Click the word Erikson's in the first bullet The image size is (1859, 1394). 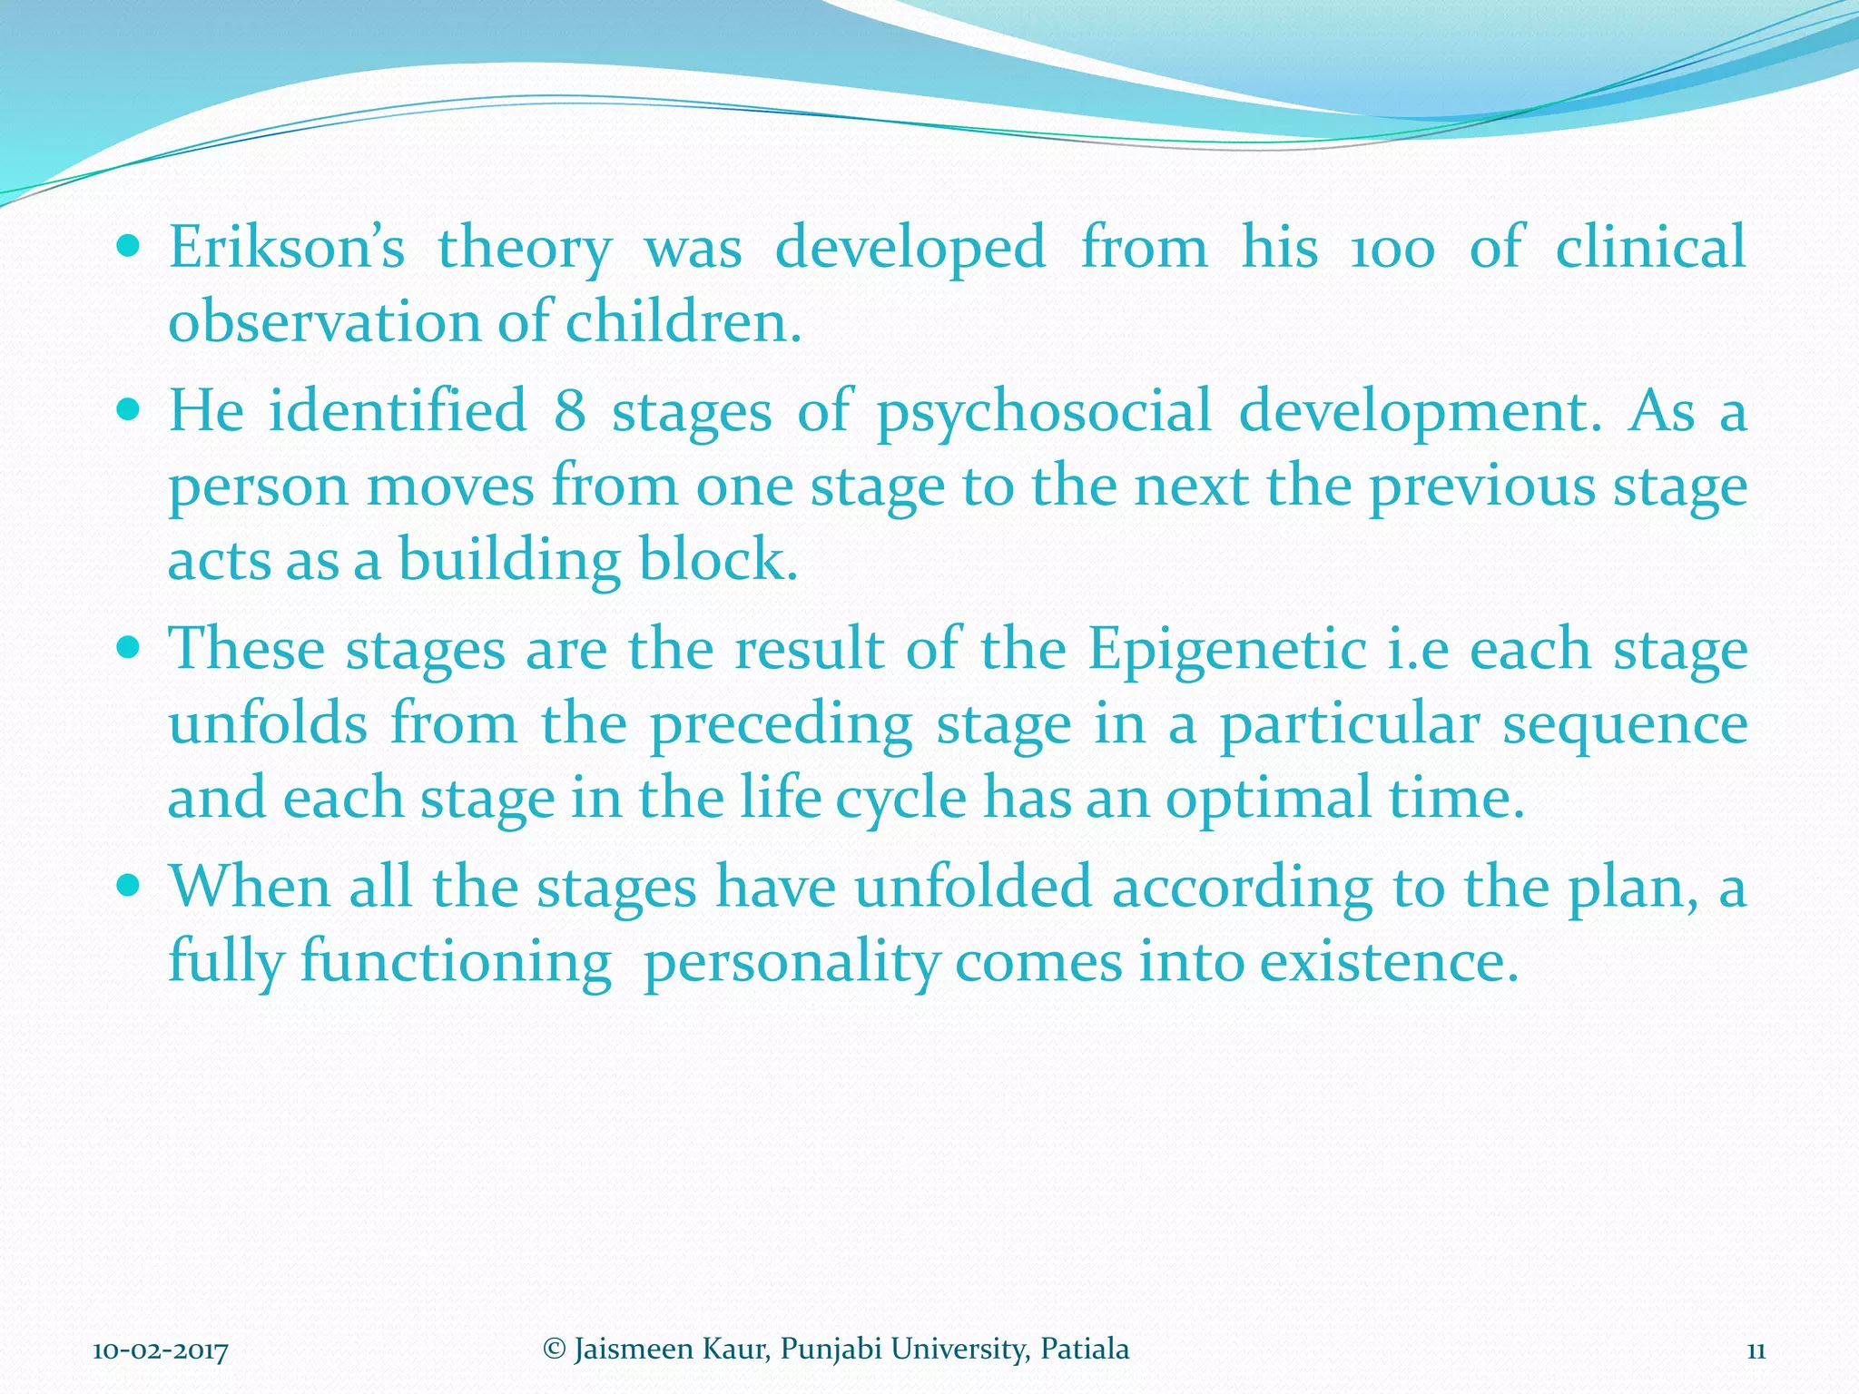pyautogui.click(x=286, y=248)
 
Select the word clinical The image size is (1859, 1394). pyautogui.click(x=1650, y=248)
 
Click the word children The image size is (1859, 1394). pyautogui.click(x=683, y=322)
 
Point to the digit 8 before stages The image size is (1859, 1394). pyautogui.click(x=569, y=410)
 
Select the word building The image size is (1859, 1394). pyautogui.click(x=509, y=560)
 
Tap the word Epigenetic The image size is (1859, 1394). pyautogui.click(x=1228, y=652)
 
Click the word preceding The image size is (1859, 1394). pyautogui.click(x=782, y=726)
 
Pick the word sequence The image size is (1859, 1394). pyautogui.click(x=1625, y=726)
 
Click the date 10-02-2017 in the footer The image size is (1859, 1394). pyautogui.click(x=161, y=1350)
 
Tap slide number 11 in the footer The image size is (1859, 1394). pyautogui.click(x=1756, y=1350)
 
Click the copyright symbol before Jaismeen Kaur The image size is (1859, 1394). pyautogui.click(x=554, y=1349)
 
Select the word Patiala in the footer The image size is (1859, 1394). pyautogui.click(x=1085, y=1349)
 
